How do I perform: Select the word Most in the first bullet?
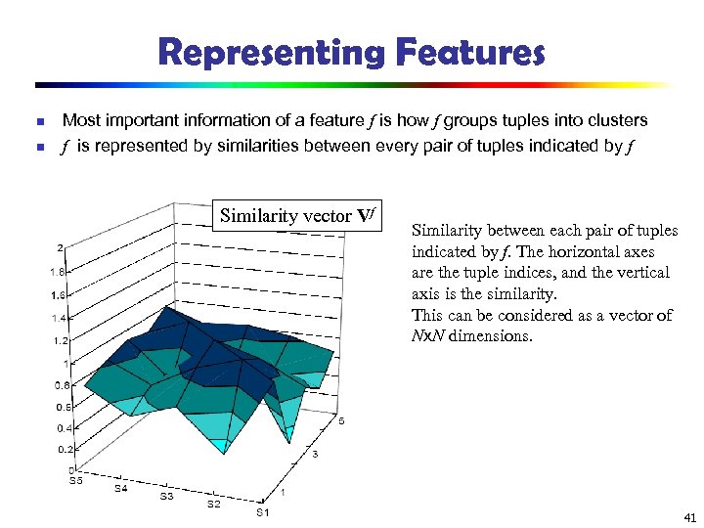[80, 120]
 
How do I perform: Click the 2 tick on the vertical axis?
[61, 247]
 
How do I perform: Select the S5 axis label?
[75, 481]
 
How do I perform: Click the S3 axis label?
[167, 496]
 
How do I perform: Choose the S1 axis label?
[262, 512]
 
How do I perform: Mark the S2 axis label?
[214, 505]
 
